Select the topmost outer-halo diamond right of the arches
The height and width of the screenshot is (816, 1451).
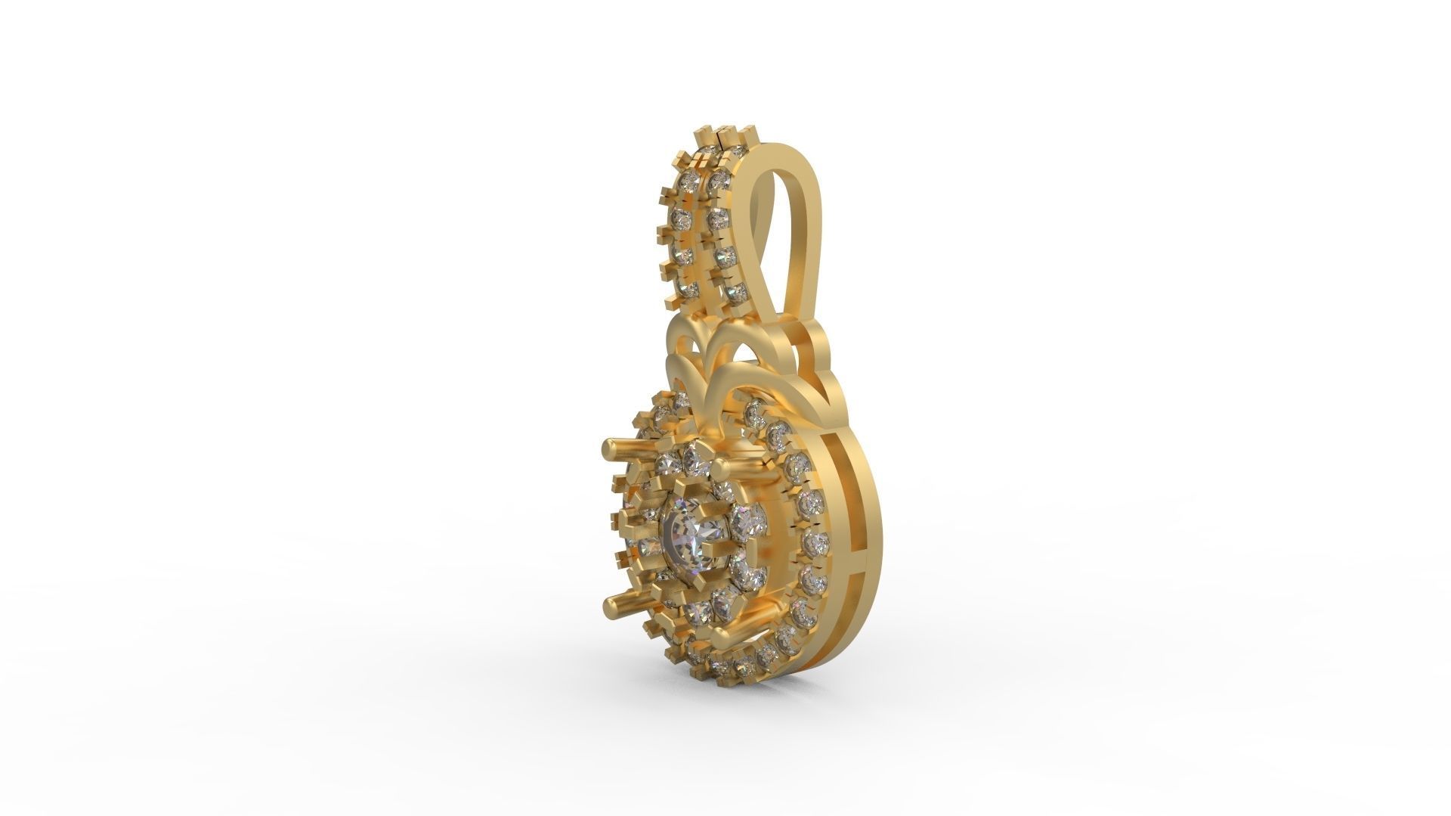click(754, 413)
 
